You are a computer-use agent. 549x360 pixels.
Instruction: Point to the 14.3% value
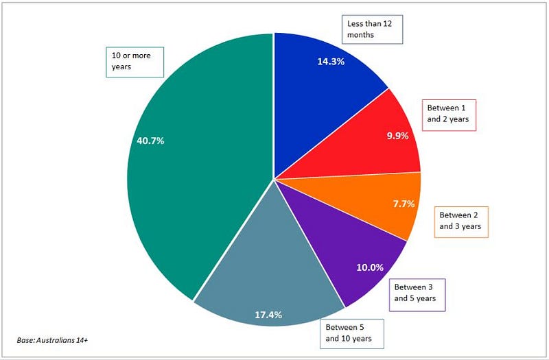point(331,62)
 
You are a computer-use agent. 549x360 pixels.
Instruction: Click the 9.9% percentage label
point(398,136)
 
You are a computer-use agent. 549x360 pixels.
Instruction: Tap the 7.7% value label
point(404,204)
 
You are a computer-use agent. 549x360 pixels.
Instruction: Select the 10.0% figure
point(370,267)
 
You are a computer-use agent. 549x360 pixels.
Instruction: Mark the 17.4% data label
point(268,315)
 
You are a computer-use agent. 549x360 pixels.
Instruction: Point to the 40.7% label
point(150,141)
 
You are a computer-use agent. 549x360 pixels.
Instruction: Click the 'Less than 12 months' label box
point(372,29)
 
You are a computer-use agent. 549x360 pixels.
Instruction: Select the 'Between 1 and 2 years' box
point(449,115)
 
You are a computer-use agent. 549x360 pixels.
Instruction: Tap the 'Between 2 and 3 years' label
point(461,222)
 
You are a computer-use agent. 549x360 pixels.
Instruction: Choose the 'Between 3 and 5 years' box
point(417,295)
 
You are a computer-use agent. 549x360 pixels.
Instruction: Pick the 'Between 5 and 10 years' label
point(351,334)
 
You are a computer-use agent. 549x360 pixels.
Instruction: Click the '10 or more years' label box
point(135,62)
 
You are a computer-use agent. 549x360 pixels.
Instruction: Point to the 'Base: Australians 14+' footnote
point(52,340)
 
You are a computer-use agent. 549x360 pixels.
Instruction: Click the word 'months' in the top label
point(360,35)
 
